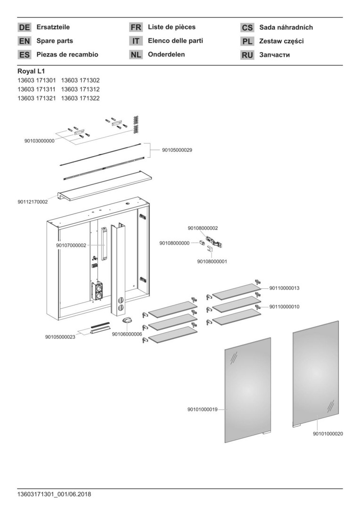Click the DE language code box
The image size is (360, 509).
pos(25,27)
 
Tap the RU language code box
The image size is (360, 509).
pos(247,55)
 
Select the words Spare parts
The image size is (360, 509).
pos(55,41)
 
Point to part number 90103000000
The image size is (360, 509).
pos(39,140)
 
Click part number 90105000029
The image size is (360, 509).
pos(177,150)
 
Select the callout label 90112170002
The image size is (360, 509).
pos(33,202)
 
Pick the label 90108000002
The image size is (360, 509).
pos(203,228)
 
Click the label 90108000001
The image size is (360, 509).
pos(212,261)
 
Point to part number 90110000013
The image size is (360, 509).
pos(285,288)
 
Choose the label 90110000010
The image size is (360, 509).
pos(285,306)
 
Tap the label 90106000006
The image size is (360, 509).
pos(127,334)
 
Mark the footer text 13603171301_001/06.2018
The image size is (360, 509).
pos(54,494)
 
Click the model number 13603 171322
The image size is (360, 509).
pos(80,98)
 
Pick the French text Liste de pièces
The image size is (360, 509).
pos(172,27)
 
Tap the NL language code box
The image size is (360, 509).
pos(136,55)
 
